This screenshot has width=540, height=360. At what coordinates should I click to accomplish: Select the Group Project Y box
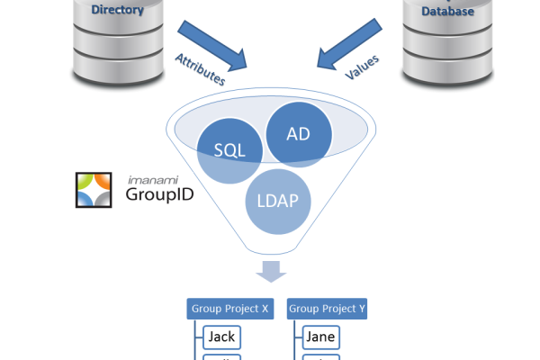click(327, 309)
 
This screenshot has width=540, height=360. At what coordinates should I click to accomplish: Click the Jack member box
click(221, 337)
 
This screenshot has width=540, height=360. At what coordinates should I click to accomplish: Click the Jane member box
click(321, 337)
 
